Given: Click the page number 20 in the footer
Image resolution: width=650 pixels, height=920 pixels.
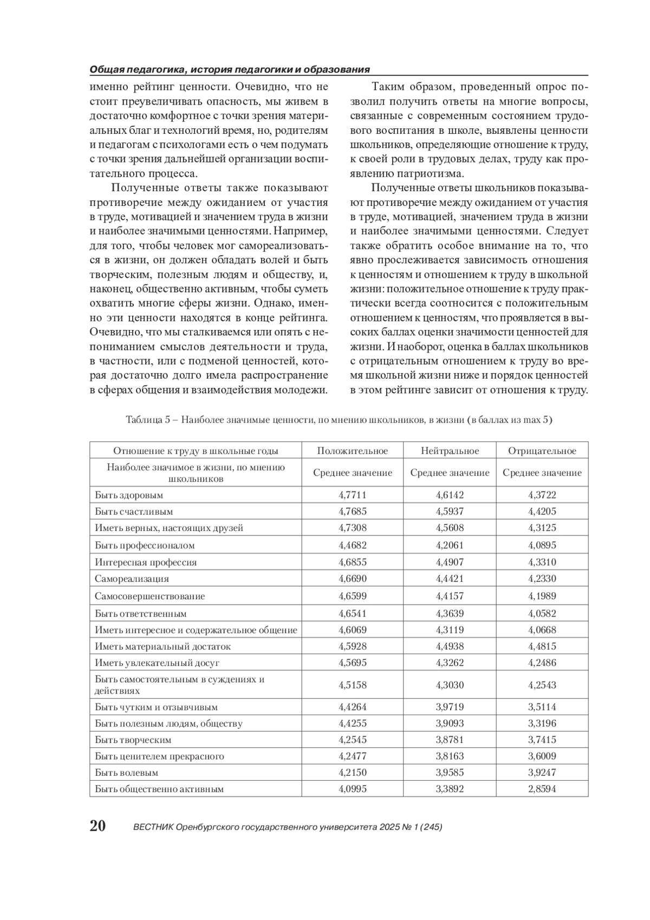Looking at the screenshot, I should click(x=98, y=826).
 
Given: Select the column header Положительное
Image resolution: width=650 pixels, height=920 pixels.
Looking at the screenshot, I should click(x=352, y=451).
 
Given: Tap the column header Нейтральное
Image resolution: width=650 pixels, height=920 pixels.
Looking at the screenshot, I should click(x=450, y=451).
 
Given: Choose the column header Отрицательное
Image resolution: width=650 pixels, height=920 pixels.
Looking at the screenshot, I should click(x=542, y=451).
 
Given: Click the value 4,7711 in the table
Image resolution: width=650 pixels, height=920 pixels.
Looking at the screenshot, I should click(x=352, y=495).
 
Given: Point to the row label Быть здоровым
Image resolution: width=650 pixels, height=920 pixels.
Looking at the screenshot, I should click(x=129, y=495).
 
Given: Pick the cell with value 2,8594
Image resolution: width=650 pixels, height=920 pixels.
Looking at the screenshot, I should click(x=542, y=789).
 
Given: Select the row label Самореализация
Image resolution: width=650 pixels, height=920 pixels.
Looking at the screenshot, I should click(x=132, y=579).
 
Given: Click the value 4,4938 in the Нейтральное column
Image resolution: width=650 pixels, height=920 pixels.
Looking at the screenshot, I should click(x=450, y=646).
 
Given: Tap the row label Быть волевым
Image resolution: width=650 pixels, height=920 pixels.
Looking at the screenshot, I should click(x=126, y=773).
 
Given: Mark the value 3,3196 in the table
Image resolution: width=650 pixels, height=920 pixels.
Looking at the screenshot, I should click(x=542, y=723).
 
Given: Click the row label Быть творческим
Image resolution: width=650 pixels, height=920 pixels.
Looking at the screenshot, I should click(x=133, y=740).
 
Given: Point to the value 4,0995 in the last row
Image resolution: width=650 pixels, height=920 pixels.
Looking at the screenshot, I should click(x=352, y=789).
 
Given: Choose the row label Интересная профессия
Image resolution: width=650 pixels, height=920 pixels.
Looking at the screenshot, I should click(x=146, y=562).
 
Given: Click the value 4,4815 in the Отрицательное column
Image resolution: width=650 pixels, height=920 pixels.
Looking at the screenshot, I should click(x=542, y=646).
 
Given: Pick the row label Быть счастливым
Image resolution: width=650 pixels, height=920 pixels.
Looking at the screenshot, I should click(x=134, y=511).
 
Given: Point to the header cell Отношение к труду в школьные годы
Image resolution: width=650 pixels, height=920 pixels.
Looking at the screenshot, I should click(x=196, y=451).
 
